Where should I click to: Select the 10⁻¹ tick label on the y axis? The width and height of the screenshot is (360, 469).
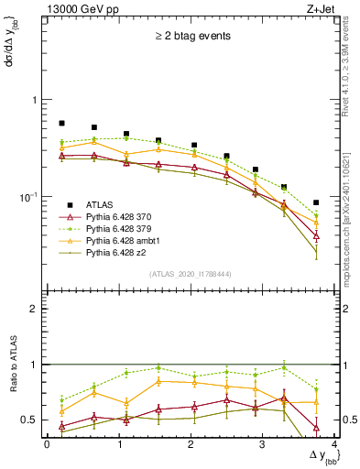(x=28, y=197)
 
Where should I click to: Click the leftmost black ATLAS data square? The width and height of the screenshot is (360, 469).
(x=61, y=123)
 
